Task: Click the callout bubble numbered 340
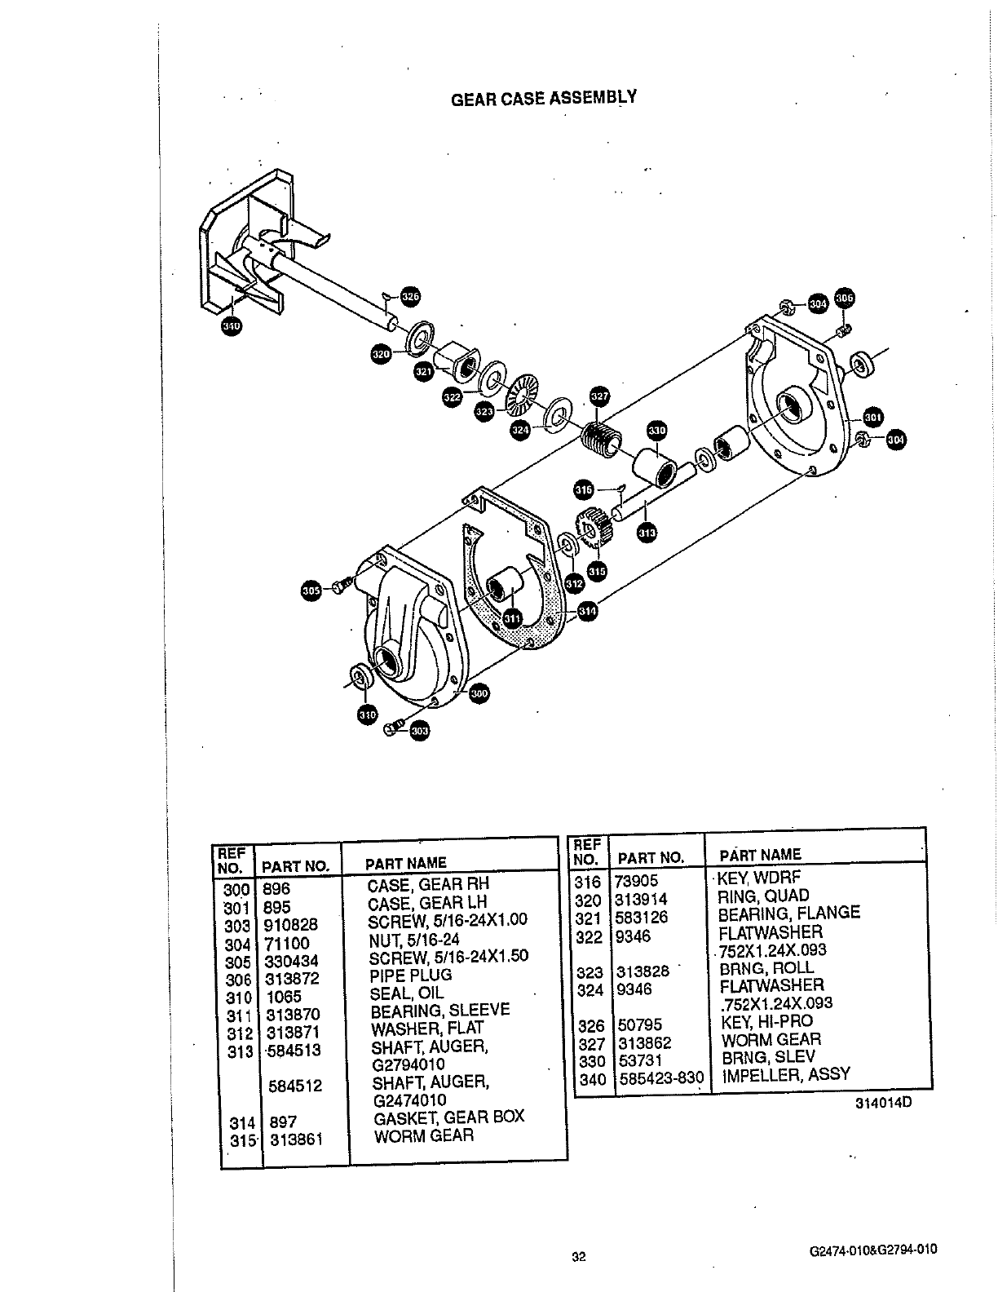tap(232, 326)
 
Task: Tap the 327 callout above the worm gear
tap(599, 397)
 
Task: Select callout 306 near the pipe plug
tap(845, 299)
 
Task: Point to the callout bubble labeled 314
tap(587, 611)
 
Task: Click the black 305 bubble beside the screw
tap(310, 591)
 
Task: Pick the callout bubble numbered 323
tap(485, 412)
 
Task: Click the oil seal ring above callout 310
tap(359, 677)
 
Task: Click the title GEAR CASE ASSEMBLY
tap(544, 99)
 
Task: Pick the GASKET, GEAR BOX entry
tap(448, 1117)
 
